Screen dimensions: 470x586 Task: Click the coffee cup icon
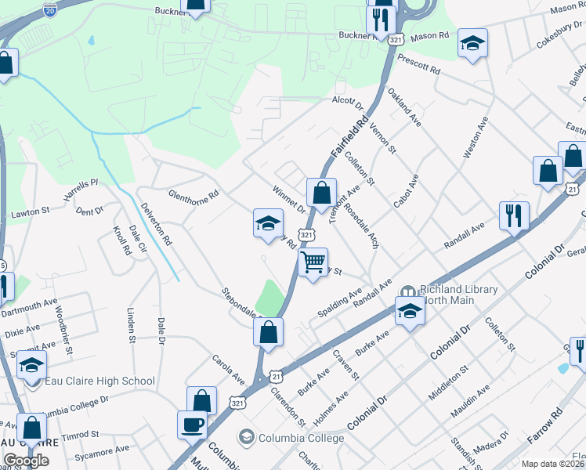coord(192,425)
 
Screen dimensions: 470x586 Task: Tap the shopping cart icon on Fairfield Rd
coord(313,262)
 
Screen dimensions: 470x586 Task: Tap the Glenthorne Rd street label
coord(193,193)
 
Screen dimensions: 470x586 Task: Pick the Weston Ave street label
coord(476,139)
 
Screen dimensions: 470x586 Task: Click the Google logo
coord(26,461)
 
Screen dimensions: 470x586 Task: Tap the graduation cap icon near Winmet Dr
coord(267,224)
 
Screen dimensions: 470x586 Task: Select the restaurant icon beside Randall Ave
coord(514,215)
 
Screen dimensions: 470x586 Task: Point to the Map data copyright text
coord(553,464)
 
